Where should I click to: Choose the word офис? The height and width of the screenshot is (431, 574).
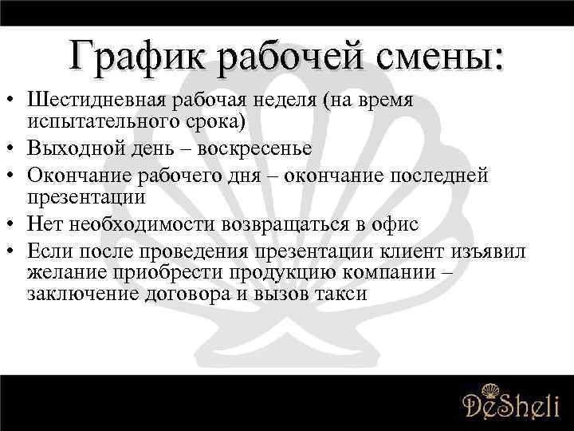394,224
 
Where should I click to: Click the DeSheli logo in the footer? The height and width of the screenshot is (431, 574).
511,402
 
